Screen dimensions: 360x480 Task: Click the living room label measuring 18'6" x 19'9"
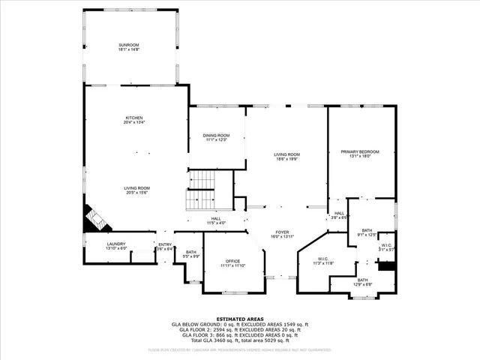point(286,156)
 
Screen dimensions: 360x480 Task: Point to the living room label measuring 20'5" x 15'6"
point(136,190)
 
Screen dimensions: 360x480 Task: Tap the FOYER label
point(282,234)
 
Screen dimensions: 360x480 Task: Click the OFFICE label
point(233,262)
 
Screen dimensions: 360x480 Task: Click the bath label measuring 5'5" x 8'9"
point(190,254)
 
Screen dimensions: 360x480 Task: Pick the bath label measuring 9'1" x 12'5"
point(367,232)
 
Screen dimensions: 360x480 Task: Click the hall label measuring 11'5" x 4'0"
point(215,220)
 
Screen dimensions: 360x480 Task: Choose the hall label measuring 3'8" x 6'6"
point(339,215)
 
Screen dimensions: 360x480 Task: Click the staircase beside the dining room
point(201,190)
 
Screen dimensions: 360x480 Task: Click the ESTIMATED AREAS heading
point(239,319)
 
